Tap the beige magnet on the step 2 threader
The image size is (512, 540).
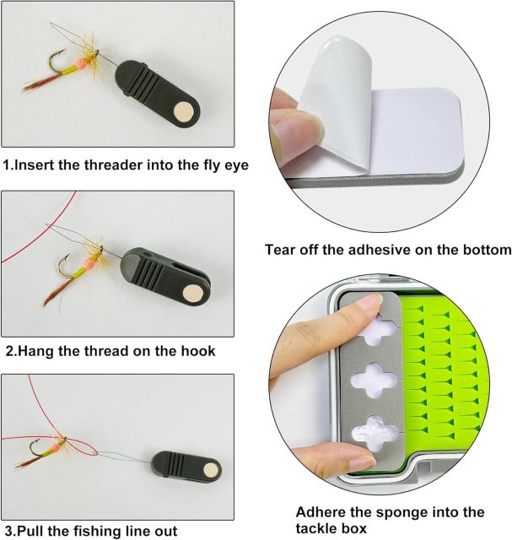[193, 292]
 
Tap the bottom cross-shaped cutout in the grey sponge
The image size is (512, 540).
[375, 430]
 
